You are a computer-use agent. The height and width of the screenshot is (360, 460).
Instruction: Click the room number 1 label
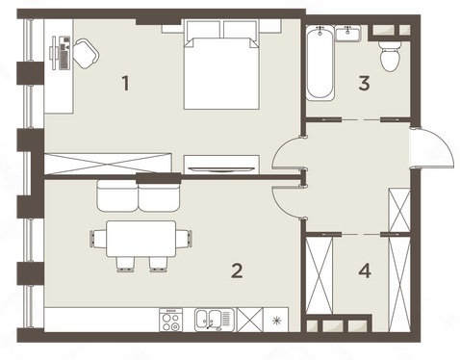click(126, 83)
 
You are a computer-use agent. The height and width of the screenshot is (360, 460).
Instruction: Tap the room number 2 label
click(237, 270)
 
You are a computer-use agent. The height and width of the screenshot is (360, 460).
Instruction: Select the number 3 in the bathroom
click(364, 83)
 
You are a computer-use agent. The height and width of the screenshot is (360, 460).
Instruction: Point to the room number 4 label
click(365, 270)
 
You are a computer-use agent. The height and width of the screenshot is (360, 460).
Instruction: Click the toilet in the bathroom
click(390, 56)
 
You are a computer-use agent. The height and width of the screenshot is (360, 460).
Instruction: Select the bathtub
click(319, 63)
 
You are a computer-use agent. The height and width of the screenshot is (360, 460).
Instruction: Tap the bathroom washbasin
click(347, 34)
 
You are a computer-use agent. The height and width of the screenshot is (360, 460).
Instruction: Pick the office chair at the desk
click(86, 53)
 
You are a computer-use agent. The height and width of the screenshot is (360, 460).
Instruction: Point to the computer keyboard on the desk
click(64, 53)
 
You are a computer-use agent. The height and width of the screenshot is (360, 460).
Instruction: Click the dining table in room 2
click(141, 239)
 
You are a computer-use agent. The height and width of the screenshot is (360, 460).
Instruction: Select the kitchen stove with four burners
click(171, 320)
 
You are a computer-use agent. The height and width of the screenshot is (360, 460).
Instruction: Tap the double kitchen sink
click(214, 320)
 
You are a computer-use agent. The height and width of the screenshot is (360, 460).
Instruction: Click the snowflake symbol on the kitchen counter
click(276, 321)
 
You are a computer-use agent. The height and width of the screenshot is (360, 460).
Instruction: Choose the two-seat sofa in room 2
click(138, 195)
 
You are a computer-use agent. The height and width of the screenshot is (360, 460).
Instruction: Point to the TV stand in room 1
click(221, 165)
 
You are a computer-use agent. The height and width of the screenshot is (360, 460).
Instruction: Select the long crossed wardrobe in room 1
click(108, 164)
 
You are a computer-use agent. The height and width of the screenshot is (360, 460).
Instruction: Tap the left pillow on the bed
click(203, 30)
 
